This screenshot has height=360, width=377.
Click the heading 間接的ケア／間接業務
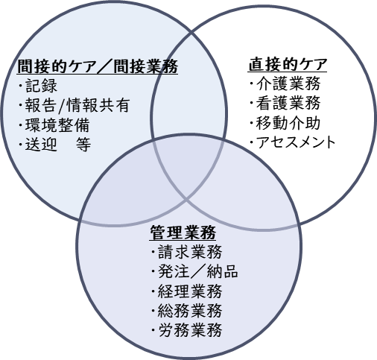98,66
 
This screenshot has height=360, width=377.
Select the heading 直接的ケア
288,64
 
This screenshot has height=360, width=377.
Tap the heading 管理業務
183,233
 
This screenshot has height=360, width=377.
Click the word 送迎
41,144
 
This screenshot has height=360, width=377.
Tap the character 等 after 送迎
83,144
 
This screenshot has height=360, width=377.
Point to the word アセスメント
296,142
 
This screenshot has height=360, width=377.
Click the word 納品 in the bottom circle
223,271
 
